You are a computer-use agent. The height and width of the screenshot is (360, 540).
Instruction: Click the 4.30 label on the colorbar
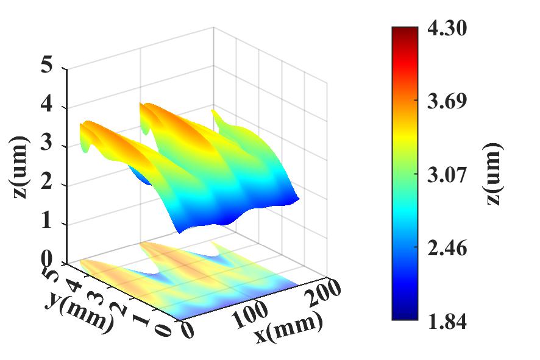click(x=447, y=29)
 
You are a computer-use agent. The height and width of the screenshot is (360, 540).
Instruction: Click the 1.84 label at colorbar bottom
click(x=447, y=322)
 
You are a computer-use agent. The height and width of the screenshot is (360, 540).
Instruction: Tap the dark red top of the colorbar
click(x=405, y=32)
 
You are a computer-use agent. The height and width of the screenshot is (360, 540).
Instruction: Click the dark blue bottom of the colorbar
click(x=405, y=316)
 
